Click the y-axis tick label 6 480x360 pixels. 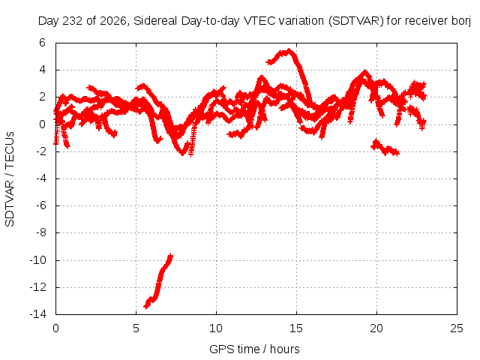(x=42, y=43)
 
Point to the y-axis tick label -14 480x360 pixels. (x=38, y=314)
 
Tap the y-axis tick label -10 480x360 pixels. (x=38, y=260)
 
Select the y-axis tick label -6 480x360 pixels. (x=41, y=205)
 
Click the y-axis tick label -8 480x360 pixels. (x=41, y=232)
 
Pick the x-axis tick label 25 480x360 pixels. (x=457, y=328)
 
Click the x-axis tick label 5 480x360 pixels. (x=136, y=328)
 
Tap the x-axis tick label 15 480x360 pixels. (x=296, y=328)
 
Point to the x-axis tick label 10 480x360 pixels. (x=216, y=328)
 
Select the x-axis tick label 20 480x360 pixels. (x=376, y=328)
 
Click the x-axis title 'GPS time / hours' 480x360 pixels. (x=254, y=349)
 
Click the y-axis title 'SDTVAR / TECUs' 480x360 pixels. (x=10, y=179)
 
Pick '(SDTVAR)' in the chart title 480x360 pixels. (x=356, y=21)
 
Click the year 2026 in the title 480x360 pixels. (x=113, y=21)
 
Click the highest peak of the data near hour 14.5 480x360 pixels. (x=289, y=51)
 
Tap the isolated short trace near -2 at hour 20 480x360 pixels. (x=385, y=148)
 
